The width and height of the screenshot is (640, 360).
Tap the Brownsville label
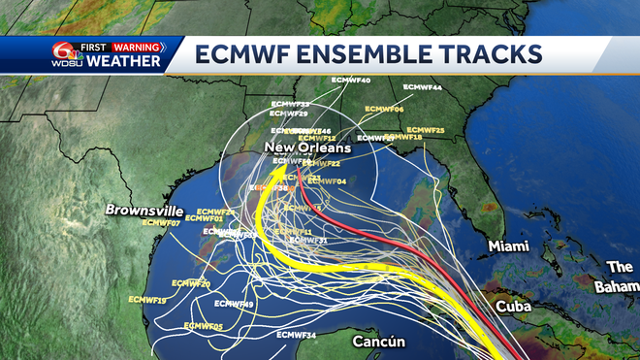point(144,210)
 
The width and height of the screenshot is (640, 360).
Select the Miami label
point(509,246)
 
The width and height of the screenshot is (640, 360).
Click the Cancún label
point(378,342)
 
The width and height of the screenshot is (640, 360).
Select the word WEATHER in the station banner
point(124,62)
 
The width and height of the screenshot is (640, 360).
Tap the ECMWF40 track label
point(350,80)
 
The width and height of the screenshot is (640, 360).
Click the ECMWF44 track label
point(423,88)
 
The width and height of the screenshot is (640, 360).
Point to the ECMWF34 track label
point(296,335)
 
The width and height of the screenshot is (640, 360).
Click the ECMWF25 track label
point(426,130)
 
